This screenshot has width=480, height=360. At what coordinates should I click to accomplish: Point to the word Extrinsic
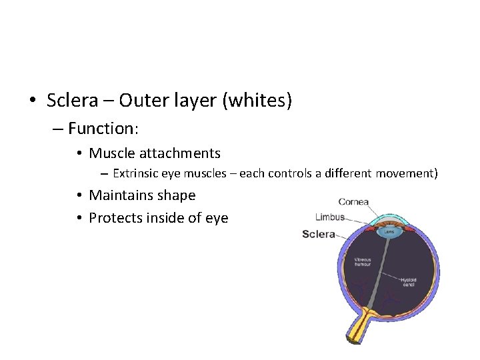[136, 174]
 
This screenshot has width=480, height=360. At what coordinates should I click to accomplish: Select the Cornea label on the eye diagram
[353, 202]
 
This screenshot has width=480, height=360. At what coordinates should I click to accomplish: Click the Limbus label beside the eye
[329, 217]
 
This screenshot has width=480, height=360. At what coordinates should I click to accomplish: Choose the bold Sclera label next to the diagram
[318, 234]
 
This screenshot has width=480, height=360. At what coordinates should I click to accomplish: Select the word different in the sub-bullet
[348, 174]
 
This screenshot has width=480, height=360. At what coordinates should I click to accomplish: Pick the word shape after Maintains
[177, 195]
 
